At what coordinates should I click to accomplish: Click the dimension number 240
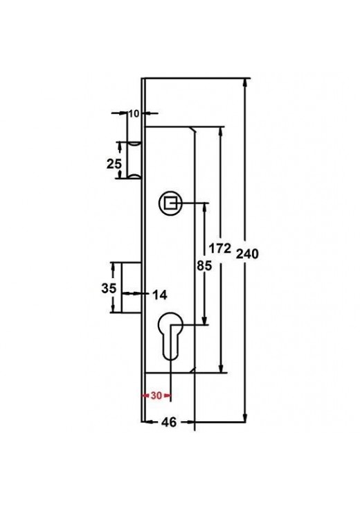pos(247,254)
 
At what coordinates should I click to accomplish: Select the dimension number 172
pos(220,248)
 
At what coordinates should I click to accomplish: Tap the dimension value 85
pos(204,266)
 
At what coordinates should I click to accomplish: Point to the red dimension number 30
pos(156,395)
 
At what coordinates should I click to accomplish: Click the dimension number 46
pos(169,422)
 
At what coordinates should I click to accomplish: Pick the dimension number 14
pos(159,295)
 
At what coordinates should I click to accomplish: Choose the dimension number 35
pos(109,288)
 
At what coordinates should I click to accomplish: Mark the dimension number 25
pos(114,164)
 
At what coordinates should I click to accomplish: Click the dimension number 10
pos(134,113)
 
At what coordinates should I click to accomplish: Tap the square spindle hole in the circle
pos(170,203)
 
